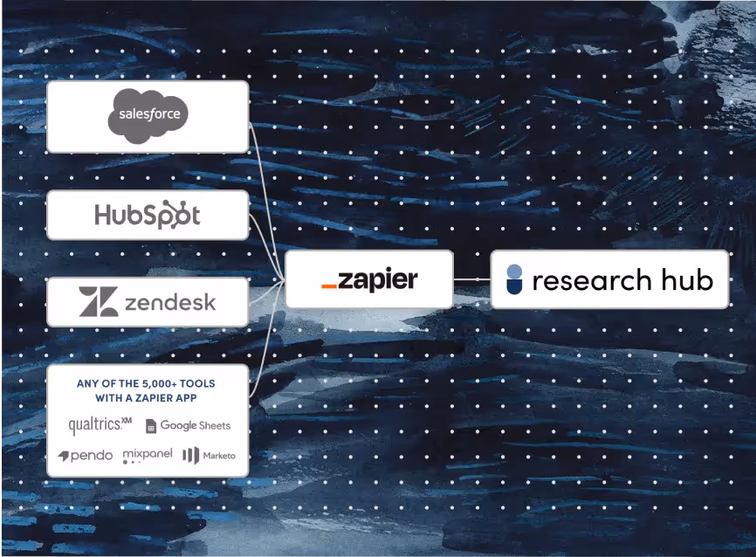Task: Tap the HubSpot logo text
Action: pos(147,215)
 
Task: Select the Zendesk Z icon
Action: pos(98,302)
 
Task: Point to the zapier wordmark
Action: pos(378,279)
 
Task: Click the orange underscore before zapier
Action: pos(328,286)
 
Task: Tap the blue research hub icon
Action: pos(515,279)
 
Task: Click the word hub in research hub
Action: pos(686,279)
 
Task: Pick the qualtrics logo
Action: pos(100,425)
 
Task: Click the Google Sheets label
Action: pos(195,426)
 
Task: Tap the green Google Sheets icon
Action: pos(151,426)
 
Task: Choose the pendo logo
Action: pos(86,456)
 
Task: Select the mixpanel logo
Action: pos(148,455)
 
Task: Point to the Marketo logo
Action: pos(209,455)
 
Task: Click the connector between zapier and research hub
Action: pos(472,279)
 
